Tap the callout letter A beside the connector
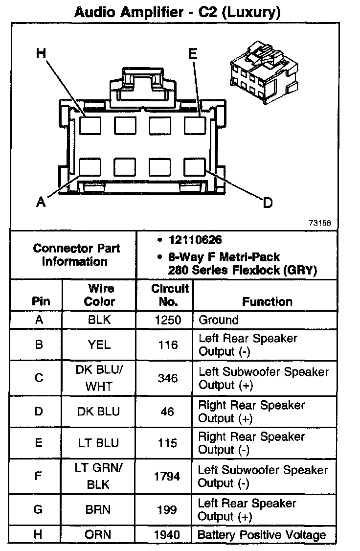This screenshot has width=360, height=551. point(41,202)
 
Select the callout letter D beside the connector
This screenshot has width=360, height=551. point(268,202)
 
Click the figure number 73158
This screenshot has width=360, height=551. point(320,222)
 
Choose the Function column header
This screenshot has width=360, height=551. point(267,301)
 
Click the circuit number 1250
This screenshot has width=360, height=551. point(168,320)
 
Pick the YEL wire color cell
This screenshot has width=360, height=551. point(99,344)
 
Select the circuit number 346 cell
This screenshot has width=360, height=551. point(168,378)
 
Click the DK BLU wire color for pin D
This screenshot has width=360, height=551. point(98,412)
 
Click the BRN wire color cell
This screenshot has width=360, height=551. point(98,509)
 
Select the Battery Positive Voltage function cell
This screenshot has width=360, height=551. point(261,535)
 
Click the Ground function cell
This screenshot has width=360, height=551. point(218,320)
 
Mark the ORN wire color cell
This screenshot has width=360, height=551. point(98,535)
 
